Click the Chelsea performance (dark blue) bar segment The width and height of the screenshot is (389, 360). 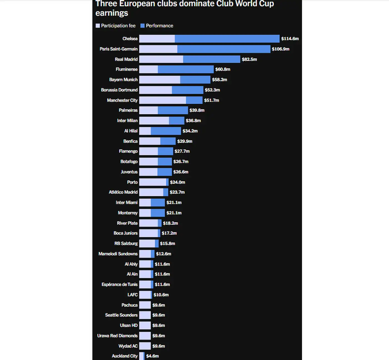[227, 39]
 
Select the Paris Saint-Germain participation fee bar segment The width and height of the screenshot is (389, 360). [158, 49]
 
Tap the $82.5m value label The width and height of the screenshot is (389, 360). [249, 59]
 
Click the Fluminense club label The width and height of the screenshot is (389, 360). [126, 69]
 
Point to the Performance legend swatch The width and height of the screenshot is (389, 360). [143, 26]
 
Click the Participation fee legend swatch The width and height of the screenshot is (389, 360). [98, 26]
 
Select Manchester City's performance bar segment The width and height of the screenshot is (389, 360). [194, 100]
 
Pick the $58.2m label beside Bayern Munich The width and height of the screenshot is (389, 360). [220, 80]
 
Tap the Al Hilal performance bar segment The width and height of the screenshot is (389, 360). [166, 131]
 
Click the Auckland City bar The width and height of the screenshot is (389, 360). [142, 356]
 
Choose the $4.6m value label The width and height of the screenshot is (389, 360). [153, 356]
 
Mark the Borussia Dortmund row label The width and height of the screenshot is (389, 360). [119, 90]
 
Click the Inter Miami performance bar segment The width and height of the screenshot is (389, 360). [158, 203]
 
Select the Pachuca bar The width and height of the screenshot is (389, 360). [145, 305]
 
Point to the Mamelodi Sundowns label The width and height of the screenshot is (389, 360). [118, 254]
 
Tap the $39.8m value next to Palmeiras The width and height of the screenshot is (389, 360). [197, 110]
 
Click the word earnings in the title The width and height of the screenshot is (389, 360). [112, 13]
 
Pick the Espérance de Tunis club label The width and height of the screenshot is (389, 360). [119, 285]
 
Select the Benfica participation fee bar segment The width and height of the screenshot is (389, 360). [150, 141]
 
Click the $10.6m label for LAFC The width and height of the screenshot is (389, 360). [161, 295]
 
